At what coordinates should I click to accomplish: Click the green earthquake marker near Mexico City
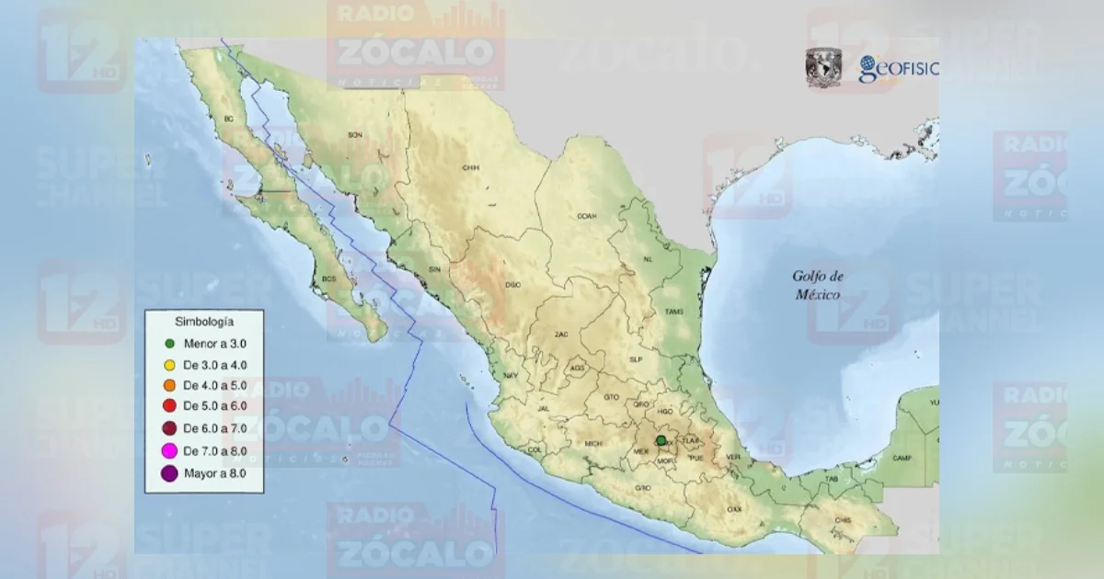(x=661, y=441)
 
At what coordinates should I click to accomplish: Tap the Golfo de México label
(x=819, y=285)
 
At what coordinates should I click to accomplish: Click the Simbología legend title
(x=203, y=322)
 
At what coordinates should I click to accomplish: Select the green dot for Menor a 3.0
(x=169, y=344)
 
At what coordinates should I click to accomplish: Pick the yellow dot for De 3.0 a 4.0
(x=169, y=365)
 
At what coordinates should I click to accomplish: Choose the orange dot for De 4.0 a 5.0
(x=169, y=385)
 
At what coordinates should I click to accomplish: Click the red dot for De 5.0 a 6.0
(x=169, y=405)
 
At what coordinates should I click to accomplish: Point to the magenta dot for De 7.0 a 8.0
(x=169, y=450)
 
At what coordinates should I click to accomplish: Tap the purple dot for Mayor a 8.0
(x=169, y=473)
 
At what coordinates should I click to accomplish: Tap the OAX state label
(x=734, y=509)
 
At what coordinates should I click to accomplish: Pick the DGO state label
(x=512, y=285)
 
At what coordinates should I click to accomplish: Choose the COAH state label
(x=586, y=217)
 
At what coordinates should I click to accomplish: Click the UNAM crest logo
(x=823, y=68)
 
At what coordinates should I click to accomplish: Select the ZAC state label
(x=561, y=335)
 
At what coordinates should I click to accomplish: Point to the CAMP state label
(x=903, y=458)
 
